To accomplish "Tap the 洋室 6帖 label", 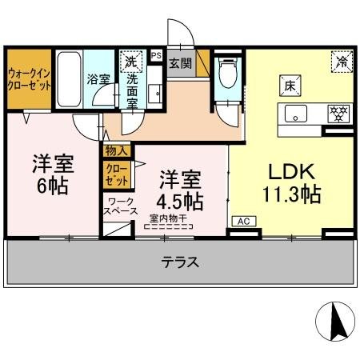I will (53, 175).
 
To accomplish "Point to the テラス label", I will (180, 261).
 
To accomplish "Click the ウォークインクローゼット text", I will (29, 80).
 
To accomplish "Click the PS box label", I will (156, 56).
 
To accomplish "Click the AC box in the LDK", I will (242, 221).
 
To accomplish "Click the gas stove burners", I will (340, 114).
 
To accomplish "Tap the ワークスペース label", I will (117, 207).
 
